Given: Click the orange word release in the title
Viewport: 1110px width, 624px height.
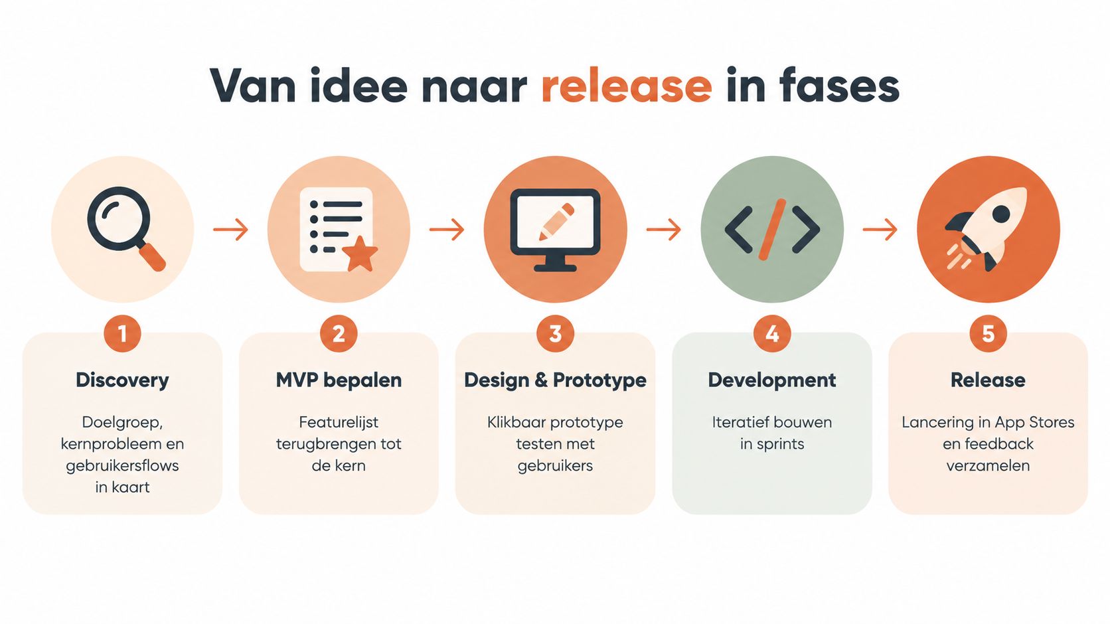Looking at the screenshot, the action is [627, 86].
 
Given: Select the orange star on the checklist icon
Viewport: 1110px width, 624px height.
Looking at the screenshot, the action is [361, 254].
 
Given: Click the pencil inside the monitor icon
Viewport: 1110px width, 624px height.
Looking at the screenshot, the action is [556, 222].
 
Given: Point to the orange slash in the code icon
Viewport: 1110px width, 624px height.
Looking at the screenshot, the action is [772, 230].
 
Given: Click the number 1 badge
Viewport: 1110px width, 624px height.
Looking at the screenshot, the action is [122, 333].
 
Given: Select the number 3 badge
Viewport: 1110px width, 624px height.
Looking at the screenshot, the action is [555, 333].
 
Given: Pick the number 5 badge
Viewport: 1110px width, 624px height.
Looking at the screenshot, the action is [988, 333].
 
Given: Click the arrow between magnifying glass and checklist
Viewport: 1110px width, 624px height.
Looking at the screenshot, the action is [230, 230].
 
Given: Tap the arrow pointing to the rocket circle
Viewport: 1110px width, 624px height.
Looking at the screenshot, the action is [880, 230].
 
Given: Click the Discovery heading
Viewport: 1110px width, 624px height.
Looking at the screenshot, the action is [122, 380].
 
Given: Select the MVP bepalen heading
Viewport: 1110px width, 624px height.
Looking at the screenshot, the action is [339, 380].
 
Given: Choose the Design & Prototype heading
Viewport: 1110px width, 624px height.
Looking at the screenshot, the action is [555, 380].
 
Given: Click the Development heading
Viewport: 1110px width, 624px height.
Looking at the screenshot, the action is [772, 380].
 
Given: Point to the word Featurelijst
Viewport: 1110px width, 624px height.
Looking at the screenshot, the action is [339, 423].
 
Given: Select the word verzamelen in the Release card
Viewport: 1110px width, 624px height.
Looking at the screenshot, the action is [988, 466].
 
